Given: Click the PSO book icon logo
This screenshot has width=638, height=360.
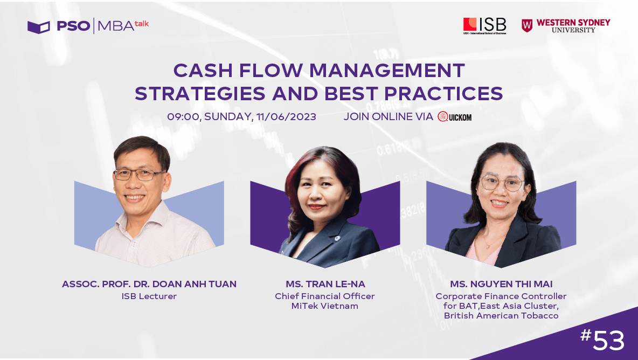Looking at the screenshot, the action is point(39,27).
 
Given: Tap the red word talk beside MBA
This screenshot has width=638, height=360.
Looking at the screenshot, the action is point(142,24).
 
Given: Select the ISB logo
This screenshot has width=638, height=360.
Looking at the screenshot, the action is point(484,26).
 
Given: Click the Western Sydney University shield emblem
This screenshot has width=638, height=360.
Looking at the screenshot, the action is point(527,26).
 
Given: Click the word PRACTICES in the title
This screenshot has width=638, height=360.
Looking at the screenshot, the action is point(443,94).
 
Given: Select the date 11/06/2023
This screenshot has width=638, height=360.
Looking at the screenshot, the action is point(286,117).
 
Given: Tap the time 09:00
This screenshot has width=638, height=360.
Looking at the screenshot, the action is point(184,117).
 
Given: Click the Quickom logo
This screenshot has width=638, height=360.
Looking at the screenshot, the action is point(454,117).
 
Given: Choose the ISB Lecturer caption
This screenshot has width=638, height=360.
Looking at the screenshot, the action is point(149,296).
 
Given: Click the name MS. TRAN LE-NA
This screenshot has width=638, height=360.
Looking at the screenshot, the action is point(325,284).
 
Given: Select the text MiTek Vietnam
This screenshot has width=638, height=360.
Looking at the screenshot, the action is point(325,306).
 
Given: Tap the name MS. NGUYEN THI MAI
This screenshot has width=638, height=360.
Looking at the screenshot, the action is point(501,284).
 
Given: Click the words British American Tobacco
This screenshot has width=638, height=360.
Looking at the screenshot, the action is point(501,316).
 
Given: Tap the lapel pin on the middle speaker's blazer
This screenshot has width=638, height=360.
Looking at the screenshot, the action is point(337,239).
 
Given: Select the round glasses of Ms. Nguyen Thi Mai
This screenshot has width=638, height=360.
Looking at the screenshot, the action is point(502,183).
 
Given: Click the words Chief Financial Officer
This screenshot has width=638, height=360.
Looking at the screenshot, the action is point(325,296).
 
